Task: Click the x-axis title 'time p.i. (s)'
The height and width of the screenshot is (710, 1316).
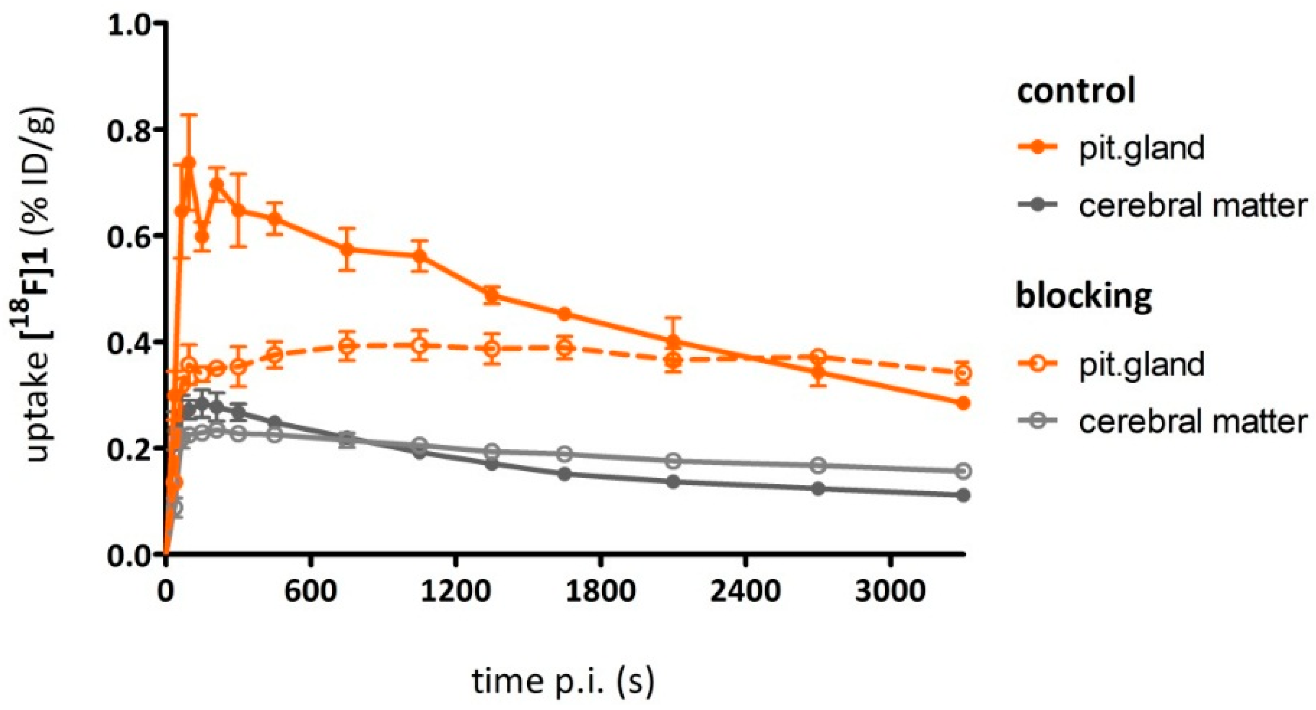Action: pyautogui.click(x=562, y=682)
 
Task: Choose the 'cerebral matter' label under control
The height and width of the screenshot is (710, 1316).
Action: pyautogui.click(x=1193, y=206)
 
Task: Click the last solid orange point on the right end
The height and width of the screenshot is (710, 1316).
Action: pyautogui.click(x=963, y=403)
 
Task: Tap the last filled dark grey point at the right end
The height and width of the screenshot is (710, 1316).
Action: pyautogui.click(x=963, y=495)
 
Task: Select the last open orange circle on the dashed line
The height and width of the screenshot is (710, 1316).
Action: pyautogui.click(x=963, y=373)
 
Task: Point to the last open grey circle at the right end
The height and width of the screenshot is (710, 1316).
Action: pyautogui.click(x=963, y=470)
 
